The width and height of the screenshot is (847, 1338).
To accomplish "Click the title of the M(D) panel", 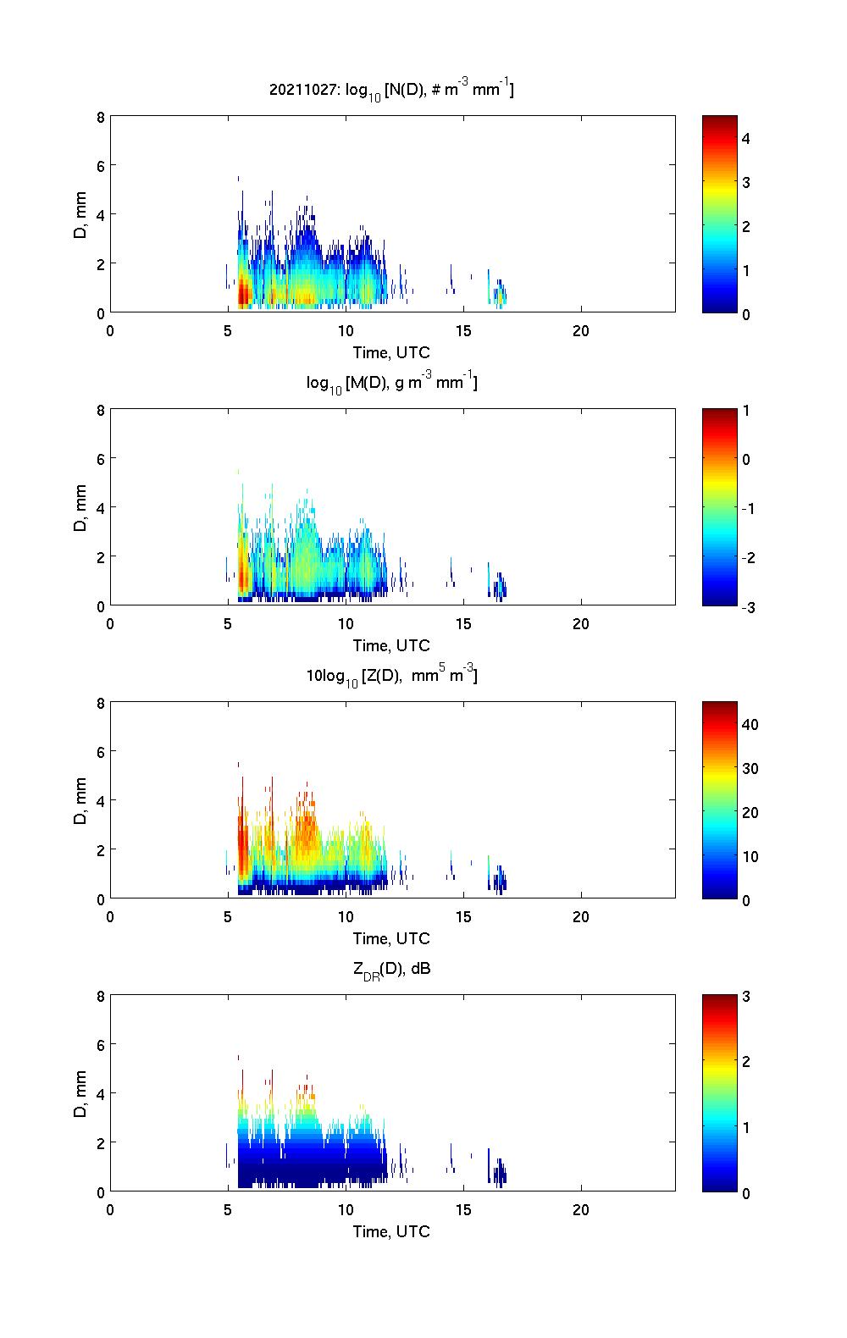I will (x=391, y=383).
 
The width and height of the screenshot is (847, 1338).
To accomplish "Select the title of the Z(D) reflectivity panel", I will (x=391, y=676).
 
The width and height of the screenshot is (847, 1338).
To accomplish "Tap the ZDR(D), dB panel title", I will (x=391, y=969).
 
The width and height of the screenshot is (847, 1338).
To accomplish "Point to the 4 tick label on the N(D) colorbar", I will (x=746, y=138).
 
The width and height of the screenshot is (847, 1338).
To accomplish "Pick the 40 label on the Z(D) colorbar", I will (x=750, y=724).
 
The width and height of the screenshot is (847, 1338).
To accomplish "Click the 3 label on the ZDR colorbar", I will (x=746, y=997).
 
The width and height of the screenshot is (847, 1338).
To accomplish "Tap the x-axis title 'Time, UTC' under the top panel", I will (x=391, y=352).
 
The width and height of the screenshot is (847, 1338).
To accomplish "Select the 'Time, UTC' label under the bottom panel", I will (x=391, y=1231).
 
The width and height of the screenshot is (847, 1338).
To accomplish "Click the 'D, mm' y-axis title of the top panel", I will (x=80, y=214).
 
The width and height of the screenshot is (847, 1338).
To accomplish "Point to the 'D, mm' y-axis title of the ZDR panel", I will (x=80, y=1093).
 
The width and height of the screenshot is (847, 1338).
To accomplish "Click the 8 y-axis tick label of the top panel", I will (x=101, y=117).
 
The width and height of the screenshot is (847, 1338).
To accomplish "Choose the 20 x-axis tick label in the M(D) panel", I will (x=581, y=623).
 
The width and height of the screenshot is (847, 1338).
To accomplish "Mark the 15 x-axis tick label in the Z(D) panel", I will (x=463, y=916).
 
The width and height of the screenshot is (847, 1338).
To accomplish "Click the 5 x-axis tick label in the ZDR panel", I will (x=228, y=1209).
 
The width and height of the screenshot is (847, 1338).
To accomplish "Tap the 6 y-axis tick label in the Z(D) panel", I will (x=101, y=751).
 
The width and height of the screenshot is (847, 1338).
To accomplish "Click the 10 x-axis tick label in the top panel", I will (x=346, y=330).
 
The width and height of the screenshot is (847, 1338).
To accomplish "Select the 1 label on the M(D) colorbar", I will (x=746, y=411).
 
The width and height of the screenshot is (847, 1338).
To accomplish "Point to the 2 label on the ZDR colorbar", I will (x=746, y=1062).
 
